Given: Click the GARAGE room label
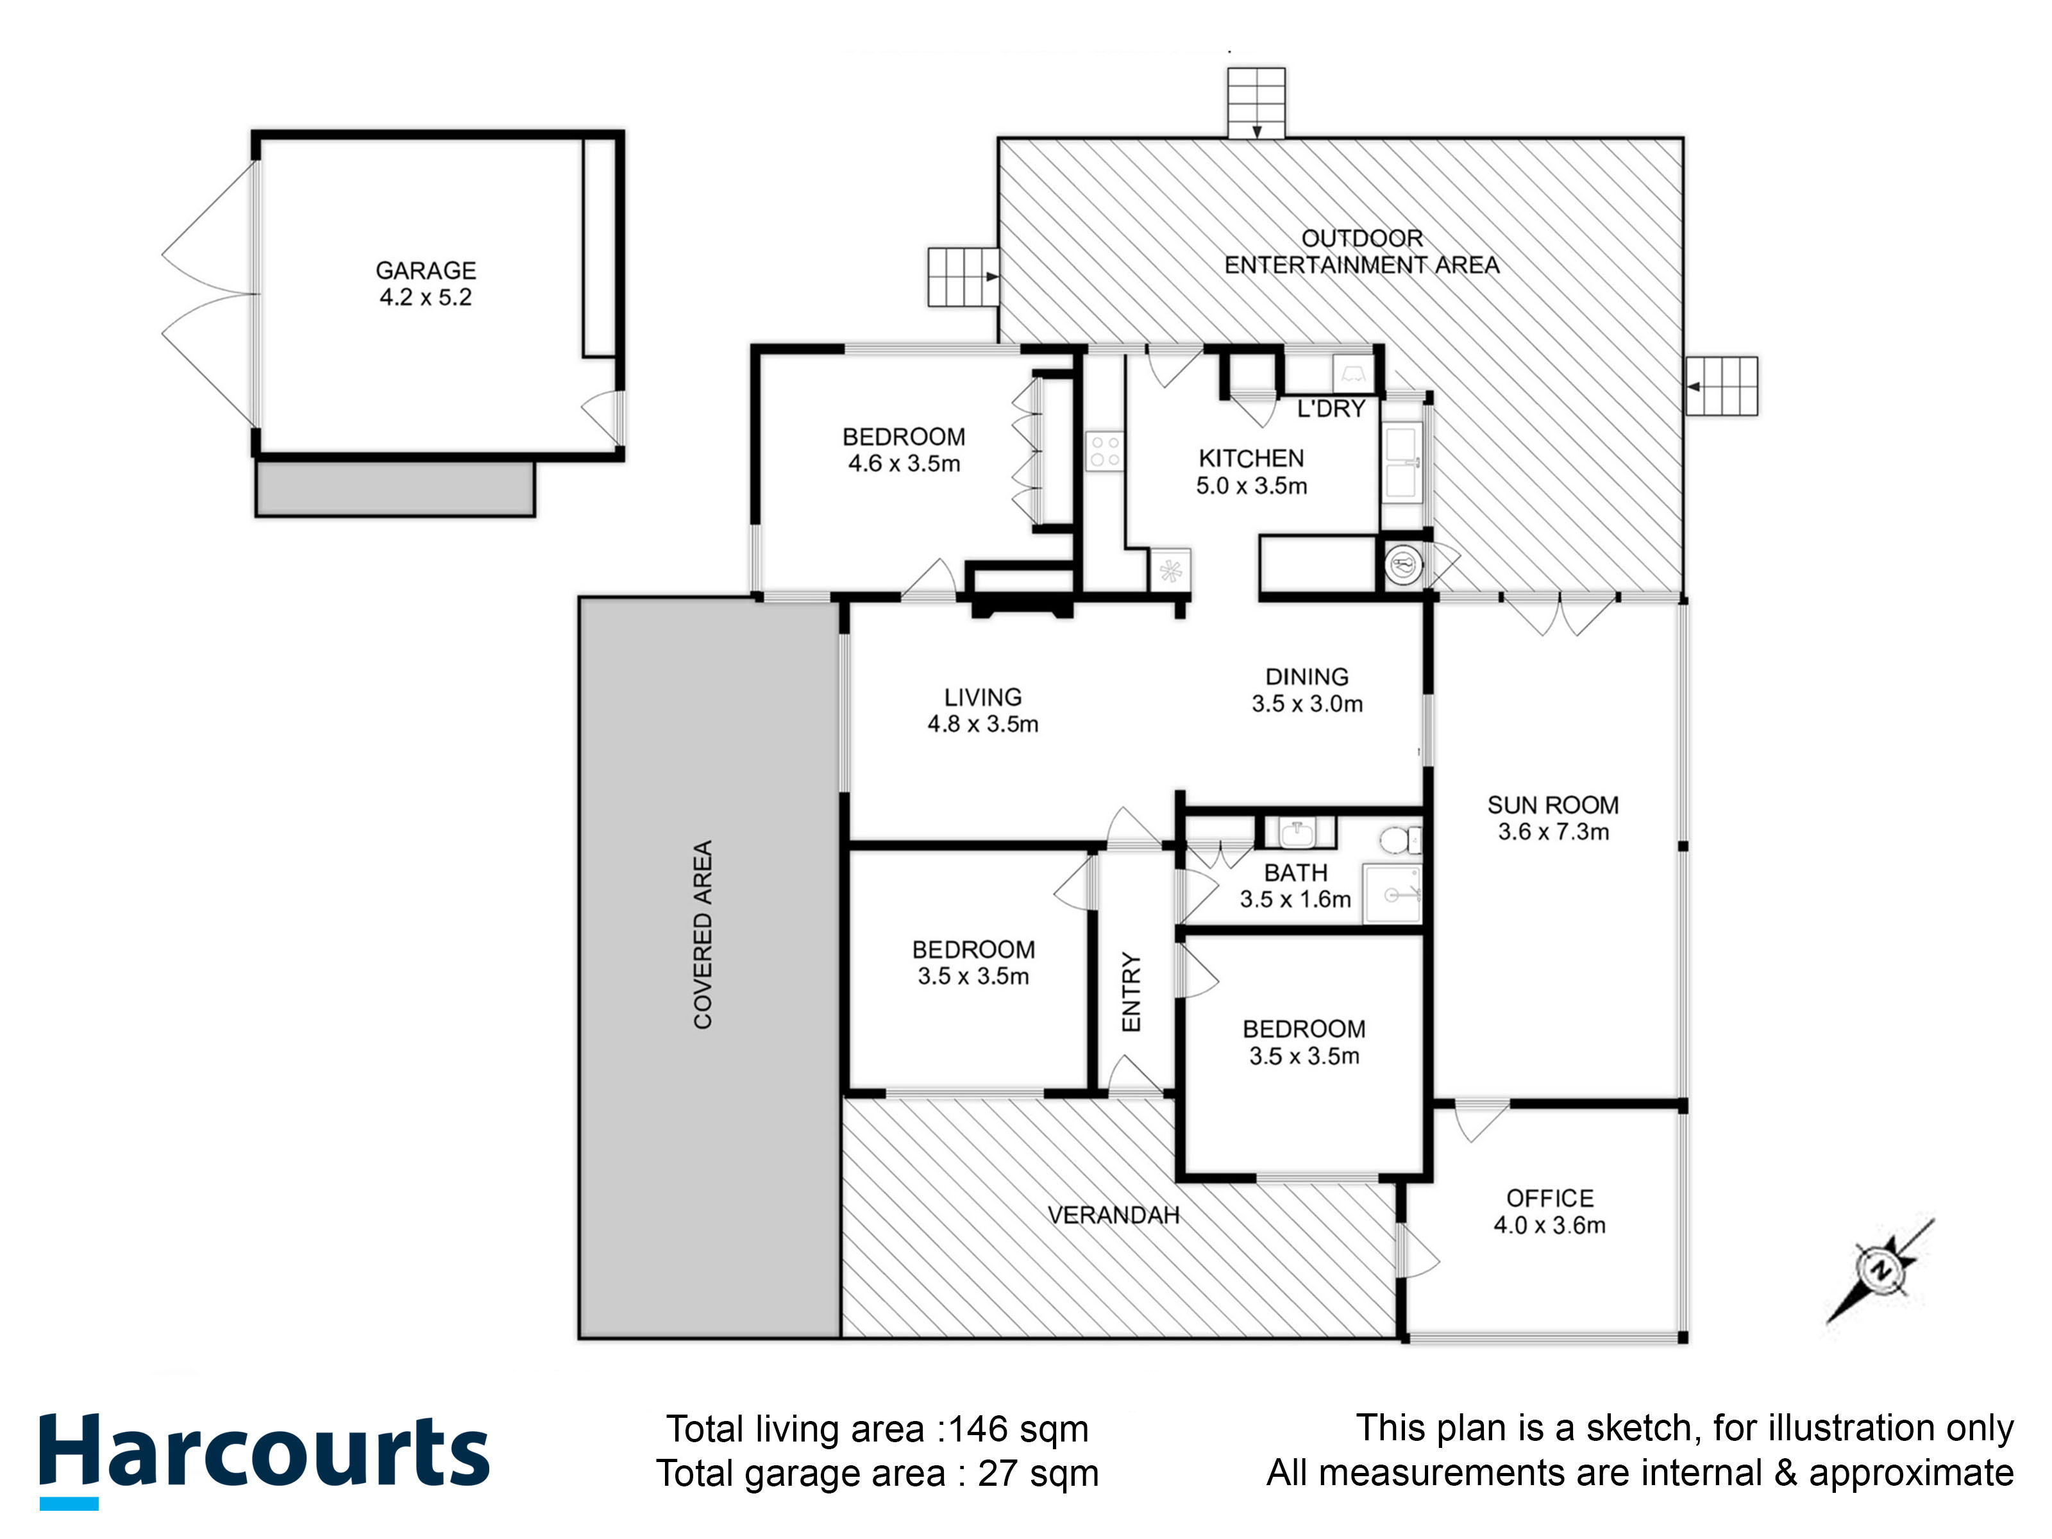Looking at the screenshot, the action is pyautogui.click(x=426, y=271).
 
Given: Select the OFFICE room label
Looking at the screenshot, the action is pyautogui.click(x=1549, y=1198).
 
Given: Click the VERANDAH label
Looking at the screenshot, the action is pyautogui.click(x=1113, y=1215).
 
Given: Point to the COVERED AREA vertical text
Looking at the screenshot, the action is pyautogui.click(x=703, y=935).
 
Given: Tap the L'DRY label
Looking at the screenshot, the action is pyautogui.click(x=1331, y=409).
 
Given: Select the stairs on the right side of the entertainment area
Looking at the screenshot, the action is pyautogui.click(x=1722, y=386).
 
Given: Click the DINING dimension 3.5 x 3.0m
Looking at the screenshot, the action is pyautogui.click(x=1307, y=704).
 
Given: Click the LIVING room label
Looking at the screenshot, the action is pyautogui.click(x=983, y=698).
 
